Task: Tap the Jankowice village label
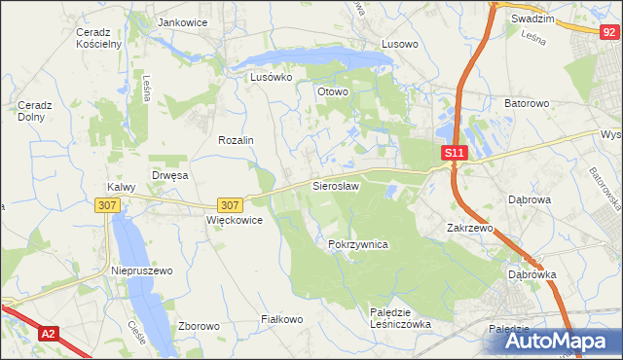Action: [x=184, y=21]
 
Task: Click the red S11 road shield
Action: [x=455, y=153]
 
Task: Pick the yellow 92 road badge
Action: [x=607, y=32]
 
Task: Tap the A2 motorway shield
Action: [x=49, y=334]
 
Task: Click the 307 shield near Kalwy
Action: [x=108, y=205]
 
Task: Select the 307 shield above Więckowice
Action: [x=230, y=205]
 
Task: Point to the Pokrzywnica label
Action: [x=358, y=244]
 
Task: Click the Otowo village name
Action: [x=332, y=91]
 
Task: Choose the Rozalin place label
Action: [x=236, y=140]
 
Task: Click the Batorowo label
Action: [x=528, y=102]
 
